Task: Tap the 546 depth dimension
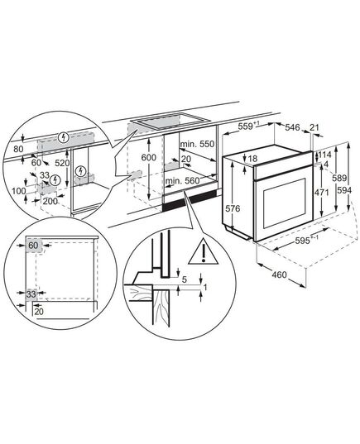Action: (292, 127)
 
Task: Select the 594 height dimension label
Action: (344, 190)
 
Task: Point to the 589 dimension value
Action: (339, 178)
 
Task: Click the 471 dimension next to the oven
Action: (322, 193)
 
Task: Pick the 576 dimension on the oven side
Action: (233, 208)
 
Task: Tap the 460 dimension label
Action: (279, 275)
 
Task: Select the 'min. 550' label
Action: (197, 144)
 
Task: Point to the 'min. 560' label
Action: (183, 180)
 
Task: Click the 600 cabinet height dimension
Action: (148, 157)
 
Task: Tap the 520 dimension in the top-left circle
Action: (62, 163)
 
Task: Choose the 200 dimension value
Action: (50, 201)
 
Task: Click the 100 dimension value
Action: (19, 191)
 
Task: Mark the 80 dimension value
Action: (18, 149)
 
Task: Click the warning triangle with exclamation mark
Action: (203, 251)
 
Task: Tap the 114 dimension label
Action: (324, 155)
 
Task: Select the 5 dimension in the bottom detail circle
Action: (185, 279)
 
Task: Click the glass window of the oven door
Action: (285, 203)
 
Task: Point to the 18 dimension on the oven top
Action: (252, 159)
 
